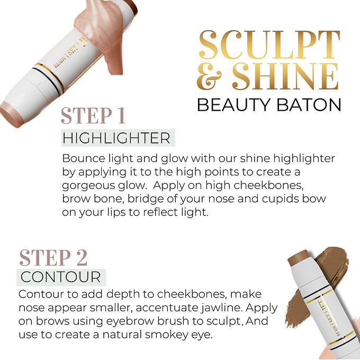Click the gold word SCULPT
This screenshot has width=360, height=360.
click(x=269, y=45)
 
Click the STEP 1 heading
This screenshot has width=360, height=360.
click(x=93, y=115)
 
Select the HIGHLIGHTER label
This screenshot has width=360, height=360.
click(x=116, y=138)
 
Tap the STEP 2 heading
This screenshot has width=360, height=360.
click(x=53, y=258)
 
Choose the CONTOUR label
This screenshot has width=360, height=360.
click(x=61, y=277)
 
